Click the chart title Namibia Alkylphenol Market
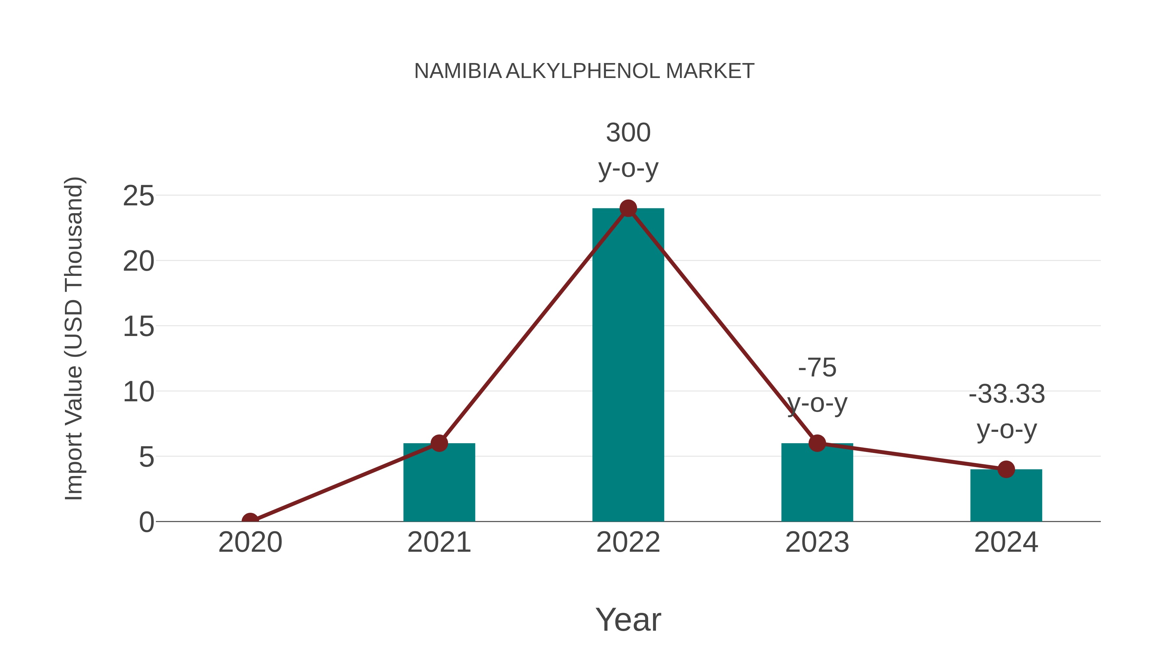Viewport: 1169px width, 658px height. (x=584, y=71)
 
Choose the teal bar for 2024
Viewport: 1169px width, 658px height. (x=1006, y=497)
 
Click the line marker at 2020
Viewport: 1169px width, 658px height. (x=250, y=521)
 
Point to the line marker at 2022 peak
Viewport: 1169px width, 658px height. (x=628, y=208)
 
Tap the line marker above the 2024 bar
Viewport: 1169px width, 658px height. (x=1006, y=470)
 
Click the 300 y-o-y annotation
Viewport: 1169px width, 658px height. (x=628, y=150)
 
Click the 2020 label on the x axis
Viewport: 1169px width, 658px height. (x=250, y=542)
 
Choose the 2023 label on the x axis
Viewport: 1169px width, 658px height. (x=817, y=542)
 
